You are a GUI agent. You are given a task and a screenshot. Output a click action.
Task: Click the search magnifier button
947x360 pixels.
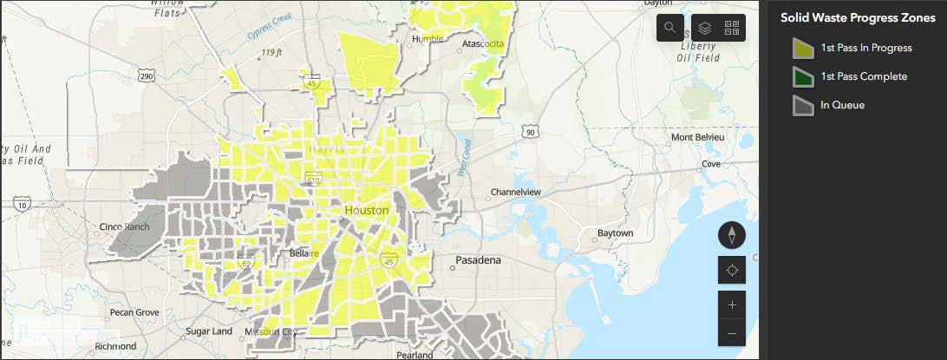click(x=669, y=28)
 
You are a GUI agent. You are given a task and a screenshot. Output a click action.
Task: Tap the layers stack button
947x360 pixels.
click(x=705, y=28)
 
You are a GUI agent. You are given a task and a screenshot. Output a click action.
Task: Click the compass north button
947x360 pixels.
click(x=732, y=234)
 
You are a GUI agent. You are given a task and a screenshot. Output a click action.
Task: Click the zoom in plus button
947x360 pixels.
click(x=732, y=304)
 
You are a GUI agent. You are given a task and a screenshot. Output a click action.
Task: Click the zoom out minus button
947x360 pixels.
click(x=732, y=333)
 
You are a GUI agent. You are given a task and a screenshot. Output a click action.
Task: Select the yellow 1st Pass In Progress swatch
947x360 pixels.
click(x=803, y=49)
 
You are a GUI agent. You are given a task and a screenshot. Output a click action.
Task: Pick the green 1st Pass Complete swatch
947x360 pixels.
click(x=803, y=76)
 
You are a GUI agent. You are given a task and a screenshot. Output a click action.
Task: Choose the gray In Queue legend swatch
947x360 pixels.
click(x=803, y=105)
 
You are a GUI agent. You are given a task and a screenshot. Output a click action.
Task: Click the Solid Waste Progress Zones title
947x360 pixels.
click(x=857, y=17)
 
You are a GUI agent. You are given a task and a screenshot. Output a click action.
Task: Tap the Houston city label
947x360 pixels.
click(x=367, y=211)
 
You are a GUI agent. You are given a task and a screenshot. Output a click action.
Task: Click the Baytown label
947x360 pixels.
click(x=615, y=233)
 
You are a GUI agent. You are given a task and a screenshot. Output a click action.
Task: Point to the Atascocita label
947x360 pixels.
click(x=484, y=43)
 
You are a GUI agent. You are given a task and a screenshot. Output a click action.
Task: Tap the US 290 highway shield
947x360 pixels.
click(x=147, y=76)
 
